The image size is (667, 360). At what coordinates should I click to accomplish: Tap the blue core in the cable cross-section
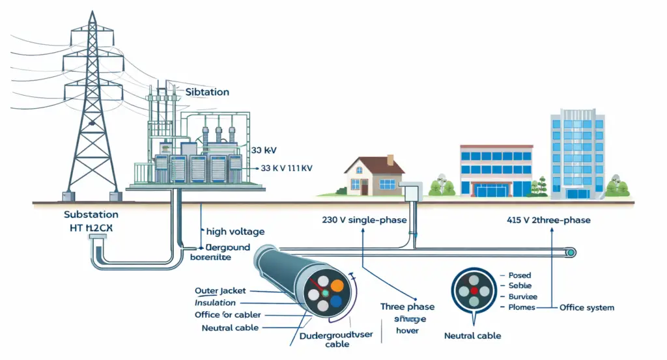335,301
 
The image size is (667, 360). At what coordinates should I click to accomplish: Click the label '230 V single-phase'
364,220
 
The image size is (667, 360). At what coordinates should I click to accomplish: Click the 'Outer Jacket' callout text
220,290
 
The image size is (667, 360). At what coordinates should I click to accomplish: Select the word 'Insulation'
215,303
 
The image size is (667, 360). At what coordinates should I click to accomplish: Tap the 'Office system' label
586,307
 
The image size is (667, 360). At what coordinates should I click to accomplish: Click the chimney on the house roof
390,159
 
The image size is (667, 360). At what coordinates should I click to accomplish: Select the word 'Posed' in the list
519,275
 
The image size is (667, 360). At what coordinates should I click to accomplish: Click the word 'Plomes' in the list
521,307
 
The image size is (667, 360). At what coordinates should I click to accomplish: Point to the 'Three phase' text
407,307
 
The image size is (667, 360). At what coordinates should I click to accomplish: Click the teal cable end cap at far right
571,252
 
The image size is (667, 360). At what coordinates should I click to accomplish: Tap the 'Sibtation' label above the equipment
207,92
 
